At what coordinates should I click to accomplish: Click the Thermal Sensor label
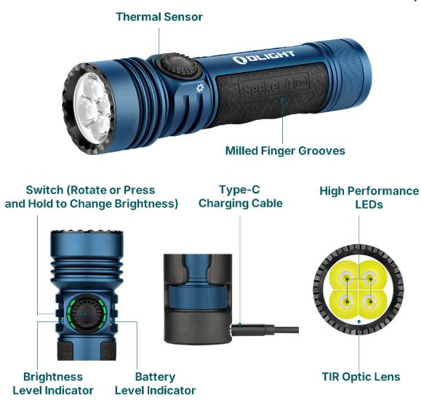click(x=159, y=16)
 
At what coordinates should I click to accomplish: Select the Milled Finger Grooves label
click(x=285, y=151)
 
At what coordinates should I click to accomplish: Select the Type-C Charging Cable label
click(x=240, y=197)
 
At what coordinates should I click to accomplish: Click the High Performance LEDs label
click(x=369, y=197)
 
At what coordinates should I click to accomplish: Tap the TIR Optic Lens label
click(x=361, y=377)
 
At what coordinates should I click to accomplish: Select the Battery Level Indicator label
click(x=155, y=383)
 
